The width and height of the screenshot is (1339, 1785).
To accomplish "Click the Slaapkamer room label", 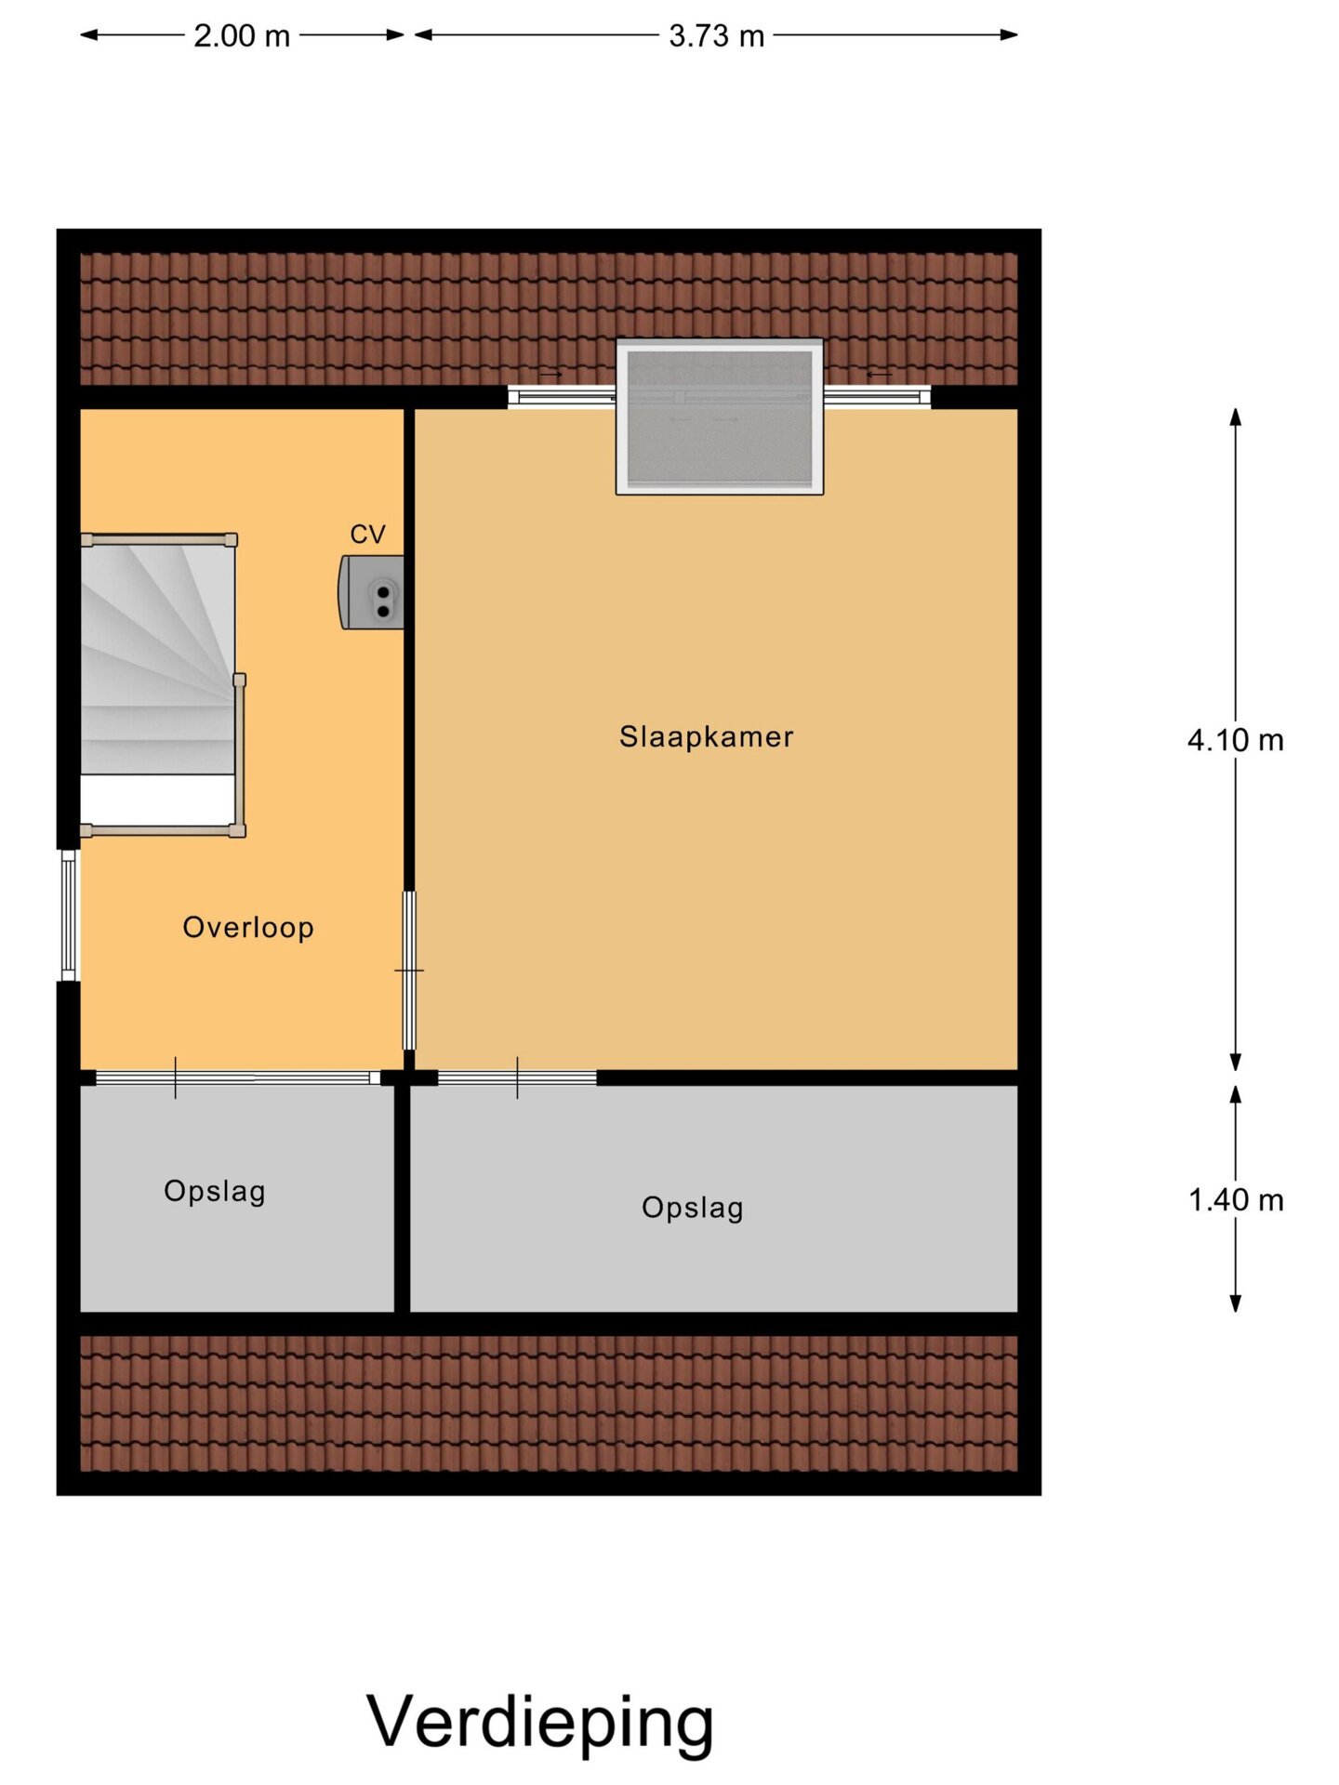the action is tap(706, 736).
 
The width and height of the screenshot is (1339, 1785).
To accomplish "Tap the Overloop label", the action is tap(248, 928).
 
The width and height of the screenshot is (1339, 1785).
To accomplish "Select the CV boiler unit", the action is tap(371, 592).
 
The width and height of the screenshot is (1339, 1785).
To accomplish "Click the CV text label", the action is tap(367, 535).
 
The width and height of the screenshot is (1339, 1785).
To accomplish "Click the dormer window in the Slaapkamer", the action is tap(720, 416).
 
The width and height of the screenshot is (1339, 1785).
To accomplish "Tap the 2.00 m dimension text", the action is tap(242, 36).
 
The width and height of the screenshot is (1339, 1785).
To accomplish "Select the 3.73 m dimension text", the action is tap(716, 36).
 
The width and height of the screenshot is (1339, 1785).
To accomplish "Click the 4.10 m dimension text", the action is tap(1235, 740).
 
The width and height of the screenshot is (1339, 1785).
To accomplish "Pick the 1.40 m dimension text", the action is tap(1236, 1200).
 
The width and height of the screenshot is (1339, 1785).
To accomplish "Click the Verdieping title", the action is tap(540, 1722).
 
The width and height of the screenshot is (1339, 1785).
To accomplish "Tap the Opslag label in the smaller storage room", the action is tap(215, 1192).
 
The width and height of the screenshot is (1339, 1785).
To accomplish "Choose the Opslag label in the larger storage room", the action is tap(693, 1209).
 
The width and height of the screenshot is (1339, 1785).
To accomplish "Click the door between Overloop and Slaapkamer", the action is tap(409, 971).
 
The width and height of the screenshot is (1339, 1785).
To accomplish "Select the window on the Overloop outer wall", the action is tap(69, 915).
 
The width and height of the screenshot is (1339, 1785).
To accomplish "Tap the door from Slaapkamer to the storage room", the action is tap(517, 1078).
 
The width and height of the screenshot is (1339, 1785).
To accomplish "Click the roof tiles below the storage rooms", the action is tap(549, 1404).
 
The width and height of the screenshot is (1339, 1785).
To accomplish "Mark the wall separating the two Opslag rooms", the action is tap(403, 1199).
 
